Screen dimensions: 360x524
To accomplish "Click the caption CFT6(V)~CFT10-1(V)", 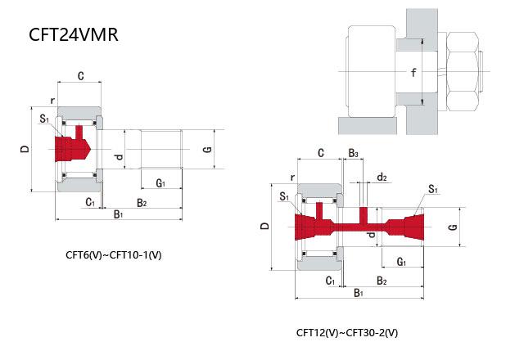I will pos(114,254).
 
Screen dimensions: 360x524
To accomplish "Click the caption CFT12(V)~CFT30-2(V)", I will pos(347,333).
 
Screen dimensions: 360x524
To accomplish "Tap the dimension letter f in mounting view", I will pos(413,73).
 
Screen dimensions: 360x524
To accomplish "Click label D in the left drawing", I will pos(25,150).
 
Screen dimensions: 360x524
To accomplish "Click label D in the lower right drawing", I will pos(264,225).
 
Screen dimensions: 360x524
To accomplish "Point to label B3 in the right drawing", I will pos(353,154).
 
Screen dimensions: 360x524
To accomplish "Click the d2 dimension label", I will pos(381,177).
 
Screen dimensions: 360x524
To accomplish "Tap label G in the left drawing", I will pos(207,150).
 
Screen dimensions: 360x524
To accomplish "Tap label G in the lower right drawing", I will pos(452,226).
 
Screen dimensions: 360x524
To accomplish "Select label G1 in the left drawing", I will pos(160,182).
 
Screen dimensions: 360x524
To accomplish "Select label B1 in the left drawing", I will pos(118,214).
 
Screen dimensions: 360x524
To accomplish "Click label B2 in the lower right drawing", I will pos(382,280).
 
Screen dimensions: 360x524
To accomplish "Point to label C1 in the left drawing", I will pos(90,201).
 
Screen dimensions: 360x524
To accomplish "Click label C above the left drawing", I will pos(79,76).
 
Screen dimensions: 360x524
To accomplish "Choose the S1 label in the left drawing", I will pos(43,118).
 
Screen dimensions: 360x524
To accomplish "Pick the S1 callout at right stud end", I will pos(431,189).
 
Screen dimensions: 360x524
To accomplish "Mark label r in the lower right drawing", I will pos(291,176).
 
